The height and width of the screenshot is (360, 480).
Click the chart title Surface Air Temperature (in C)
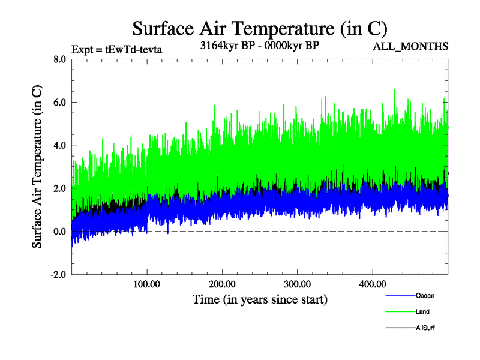(x=260, y=28)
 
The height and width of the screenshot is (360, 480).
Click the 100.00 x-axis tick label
(x=147, y=284)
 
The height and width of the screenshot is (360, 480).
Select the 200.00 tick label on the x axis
(x=222, y=284)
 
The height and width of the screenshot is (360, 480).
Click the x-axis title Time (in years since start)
(x=260, y=299)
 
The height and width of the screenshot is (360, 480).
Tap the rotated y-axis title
(x=37, y=167)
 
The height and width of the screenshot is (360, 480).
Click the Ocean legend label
(x=424, y=295)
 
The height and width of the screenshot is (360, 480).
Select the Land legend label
(x=422, y=312)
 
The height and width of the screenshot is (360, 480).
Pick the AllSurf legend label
(x=425, y=328)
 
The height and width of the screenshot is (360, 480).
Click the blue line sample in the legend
(x=399, y=295)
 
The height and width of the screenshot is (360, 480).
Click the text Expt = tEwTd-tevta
(x=116, y=49)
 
